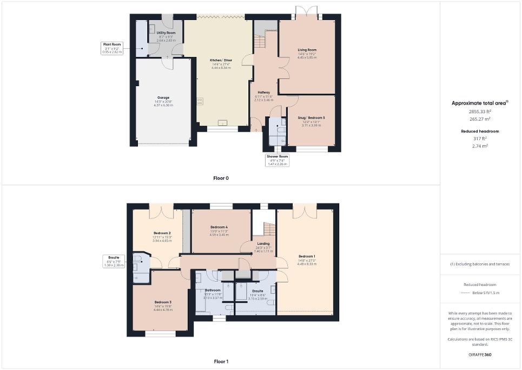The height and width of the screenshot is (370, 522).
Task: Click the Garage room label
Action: [163, 98]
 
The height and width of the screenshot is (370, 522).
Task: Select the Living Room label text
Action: [307, 50]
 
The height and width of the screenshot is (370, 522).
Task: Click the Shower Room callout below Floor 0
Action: [277, 159]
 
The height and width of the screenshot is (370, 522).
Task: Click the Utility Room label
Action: [166, 33]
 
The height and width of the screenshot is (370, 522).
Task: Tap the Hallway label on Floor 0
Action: [263, 92]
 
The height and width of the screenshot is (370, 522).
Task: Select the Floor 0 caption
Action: [221, 178]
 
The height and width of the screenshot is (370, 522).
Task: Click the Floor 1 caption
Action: [221, 361]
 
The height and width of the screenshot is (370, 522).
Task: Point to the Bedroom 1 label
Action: [307, 256]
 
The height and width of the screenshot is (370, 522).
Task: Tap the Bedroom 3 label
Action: [163, 302]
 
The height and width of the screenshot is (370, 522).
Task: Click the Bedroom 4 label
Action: [218, 226]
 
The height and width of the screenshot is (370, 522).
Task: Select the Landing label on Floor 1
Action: [263, 244]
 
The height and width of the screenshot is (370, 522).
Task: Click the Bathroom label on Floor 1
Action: [213, 290]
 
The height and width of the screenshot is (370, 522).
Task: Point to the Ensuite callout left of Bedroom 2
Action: [114, 261]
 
